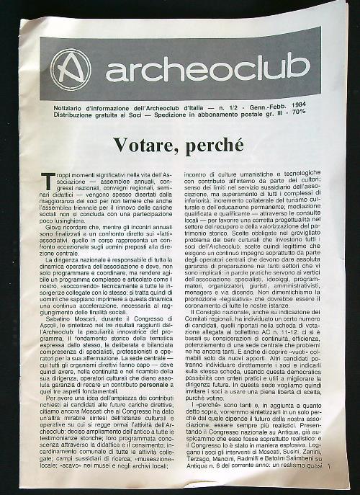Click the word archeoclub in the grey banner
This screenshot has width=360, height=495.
[x=207, y=68]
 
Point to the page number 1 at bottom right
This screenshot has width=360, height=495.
[x=328, y=469]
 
